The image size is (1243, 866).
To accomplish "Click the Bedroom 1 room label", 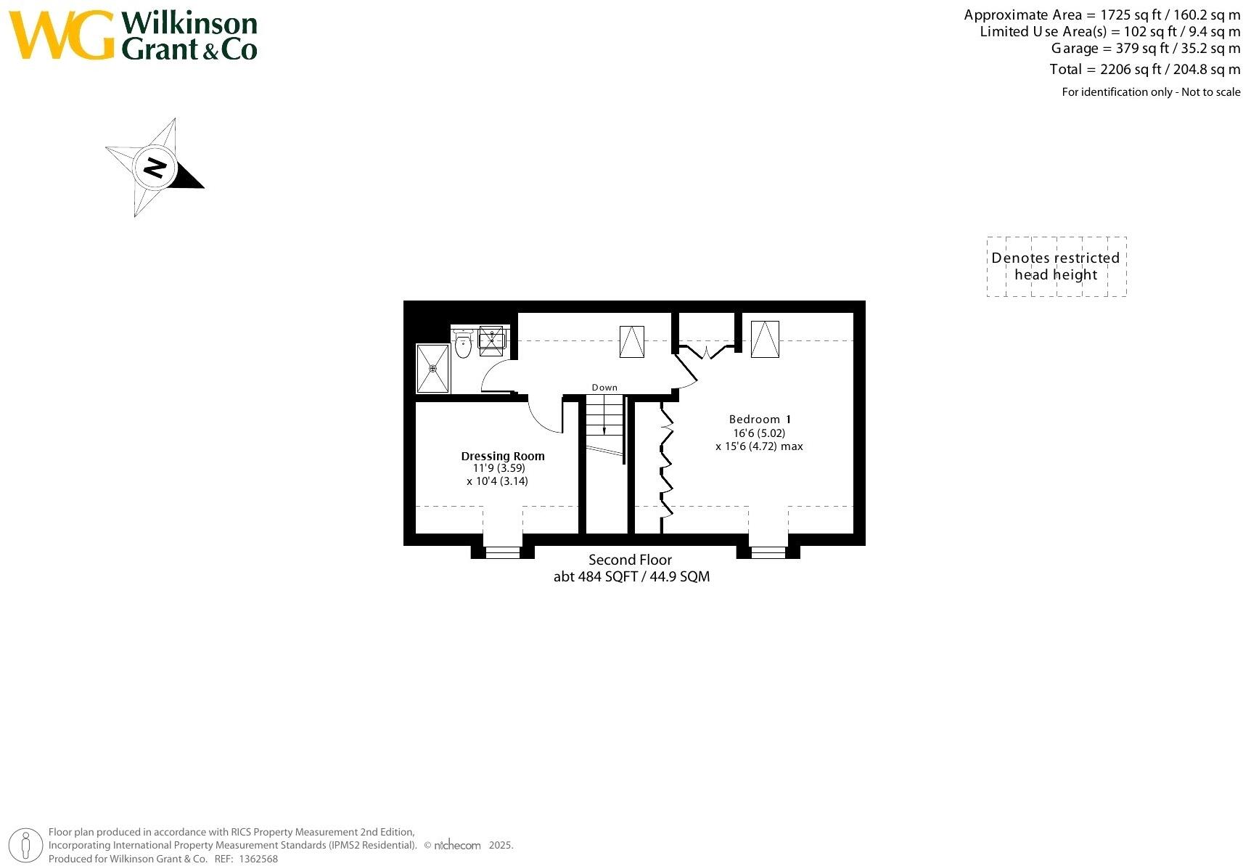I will click(759, 420).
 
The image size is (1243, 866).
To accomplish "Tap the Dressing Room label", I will click(503, 456).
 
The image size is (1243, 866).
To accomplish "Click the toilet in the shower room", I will click(463, 345).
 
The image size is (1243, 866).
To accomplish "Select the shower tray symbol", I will click(432, 369).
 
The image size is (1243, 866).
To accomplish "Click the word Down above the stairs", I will click(604, 388).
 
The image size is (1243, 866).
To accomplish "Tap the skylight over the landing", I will click(631, 341).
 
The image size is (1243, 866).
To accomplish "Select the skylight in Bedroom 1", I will click(765, 339).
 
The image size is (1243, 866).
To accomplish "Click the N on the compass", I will click(155, 168).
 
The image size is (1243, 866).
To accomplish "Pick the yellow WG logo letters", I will click(62, 36).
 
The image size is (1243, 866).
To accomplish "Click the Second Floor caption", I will click(630, 560).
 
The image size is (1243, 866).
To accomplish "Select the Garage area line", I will click(1145, 49).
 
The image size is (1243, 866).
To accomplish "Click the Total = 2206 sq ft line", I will click(1144, 70).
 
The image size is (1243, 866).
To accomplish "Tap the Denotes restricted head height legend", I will click(1056, 266).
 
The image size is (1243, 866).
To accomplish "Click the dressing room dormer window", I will click(503, 552).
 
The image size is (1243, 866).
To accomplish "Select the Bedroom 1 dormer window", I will click(768, 552).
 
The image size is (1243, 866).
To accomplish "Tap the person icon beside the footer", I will click(27, 846).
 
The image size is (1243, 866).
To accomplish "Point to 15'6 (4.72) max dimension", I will click(759, 446).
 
